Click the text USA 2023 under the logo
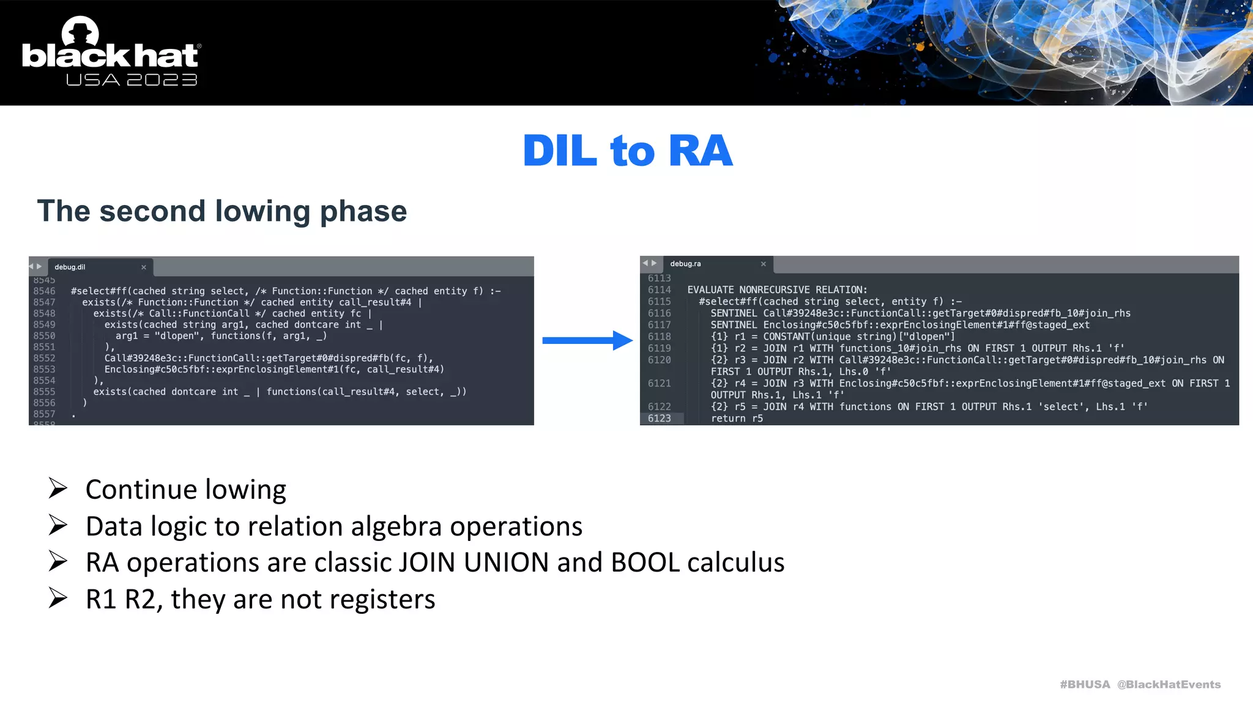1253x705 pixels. pyautogui.click(x=132, y=80)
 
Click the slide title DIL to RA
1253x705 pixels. pyautogui.click(x=627, y=151)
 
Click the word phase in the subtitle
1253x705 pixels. pyautogui.click(x=363, y=211)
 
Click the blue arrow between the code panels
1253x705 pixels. pyautogui.click(x=587, y=340)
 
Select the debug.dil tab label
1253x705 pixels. pyautogui.click(x=70, y=267)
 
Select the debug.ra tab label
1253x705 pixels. pyautogui.click(x=685, y=264)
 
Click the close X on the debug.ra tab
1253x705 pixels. pyautogui.click(x=763, y=264)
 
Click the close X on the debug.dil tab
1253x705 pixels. pyautogui.click(x=144, y=267)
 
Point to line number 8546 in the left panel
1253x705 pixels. pyautogui.click(x=44, y=291)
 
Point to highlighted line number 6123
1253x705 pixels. pyautogui.click(x=659, y=419)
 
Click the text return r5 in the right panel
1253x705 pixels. pyautogui.click(x=737, y=419)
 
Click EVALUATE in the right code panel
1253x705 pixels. pyautogui.click(x=710, y=289)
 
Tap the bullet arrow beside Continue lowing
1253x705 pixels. pyautogui.click(x=58, y=488)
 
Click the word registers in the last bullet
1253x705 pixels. pyautogui.click(x=384, y=599)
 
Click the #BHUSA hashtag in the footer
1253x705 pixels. pyautogui.click(x=1084, y=684)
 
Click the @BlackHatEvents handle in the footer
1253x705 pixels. pyautogui.click(x=1169, y=684)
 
